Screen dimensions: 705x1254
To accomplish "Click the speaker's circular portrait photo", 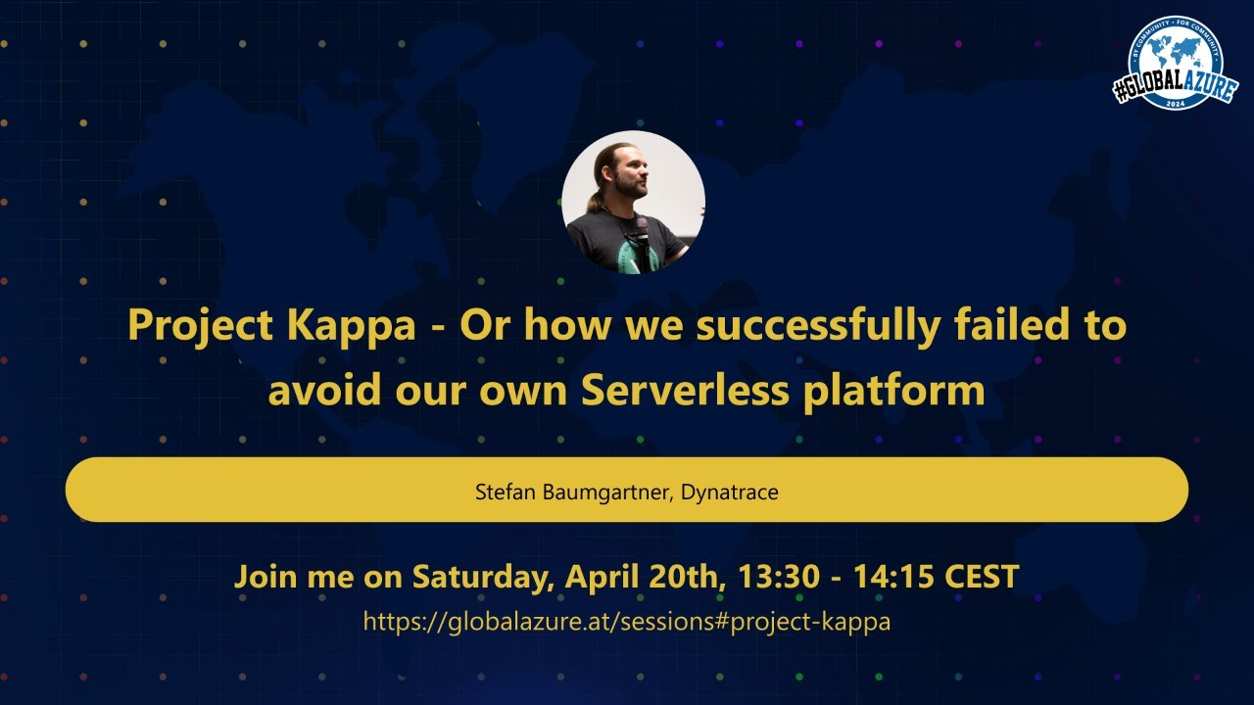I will pos(633,202).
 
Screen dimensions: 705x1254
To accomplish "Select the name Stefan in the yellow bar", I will pos(505,492).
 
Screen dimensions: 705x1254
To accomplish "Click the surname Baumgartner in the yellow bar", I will pos(604,492).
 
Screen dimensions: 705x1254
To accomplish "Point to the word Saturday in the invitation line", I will pos(479,576).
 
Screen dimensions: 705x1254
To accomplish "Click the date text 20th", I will pos(687,576).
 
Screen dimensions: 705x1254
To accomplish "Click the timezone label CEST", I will pos(982,576).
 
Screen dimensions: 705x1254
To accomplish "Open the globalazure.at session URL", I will pos(627,621).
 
